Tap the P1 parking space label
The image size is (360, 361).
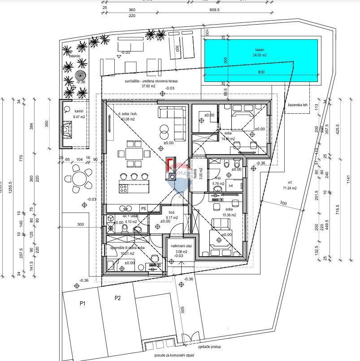pos(82,304)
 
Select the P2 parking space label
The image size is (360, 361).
pos(117,297)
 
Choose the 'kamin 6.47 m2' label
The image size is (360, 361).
pos(79,114)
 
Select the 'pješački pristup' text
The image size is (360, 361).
pos(209,347)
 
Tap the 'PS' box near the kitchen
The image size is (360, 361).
pos(143,208)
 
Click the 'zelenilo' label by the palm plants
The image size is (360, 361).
pos(68,56)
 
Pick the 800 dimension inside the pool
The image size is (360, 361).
pos(261,72)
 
